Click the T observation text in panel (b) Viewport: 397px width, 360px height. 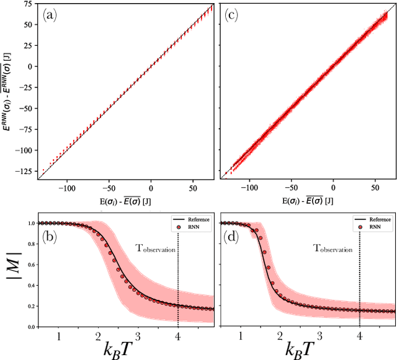pos(156,249)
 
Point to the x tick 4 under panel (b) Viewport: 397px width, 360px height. pos(178,335)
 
